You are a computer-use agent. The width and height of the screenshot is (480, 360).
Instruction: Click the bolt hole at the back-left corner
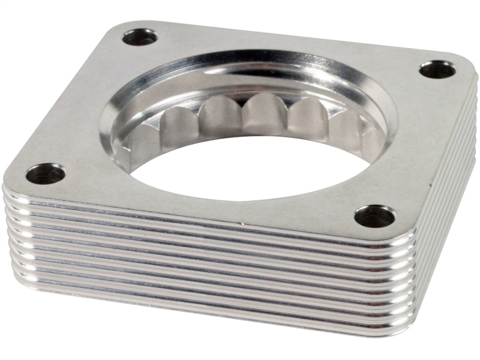[140, 38]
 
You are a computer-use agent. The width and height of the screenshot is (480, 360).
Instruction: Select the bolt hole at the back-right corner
[437, 70]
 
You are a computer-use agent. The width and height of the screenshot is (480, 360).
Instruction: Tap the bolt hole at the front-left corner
[46, 174]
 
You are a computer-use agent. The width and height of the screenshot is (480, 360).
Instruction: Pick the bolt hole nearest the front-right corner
[374, 216]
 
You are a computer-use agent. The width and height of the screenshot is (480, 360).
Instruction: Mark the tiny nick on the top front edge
[243, 225]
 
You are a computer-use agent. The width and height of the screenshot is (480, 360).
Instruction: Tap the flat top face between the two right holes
[414, 144]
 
